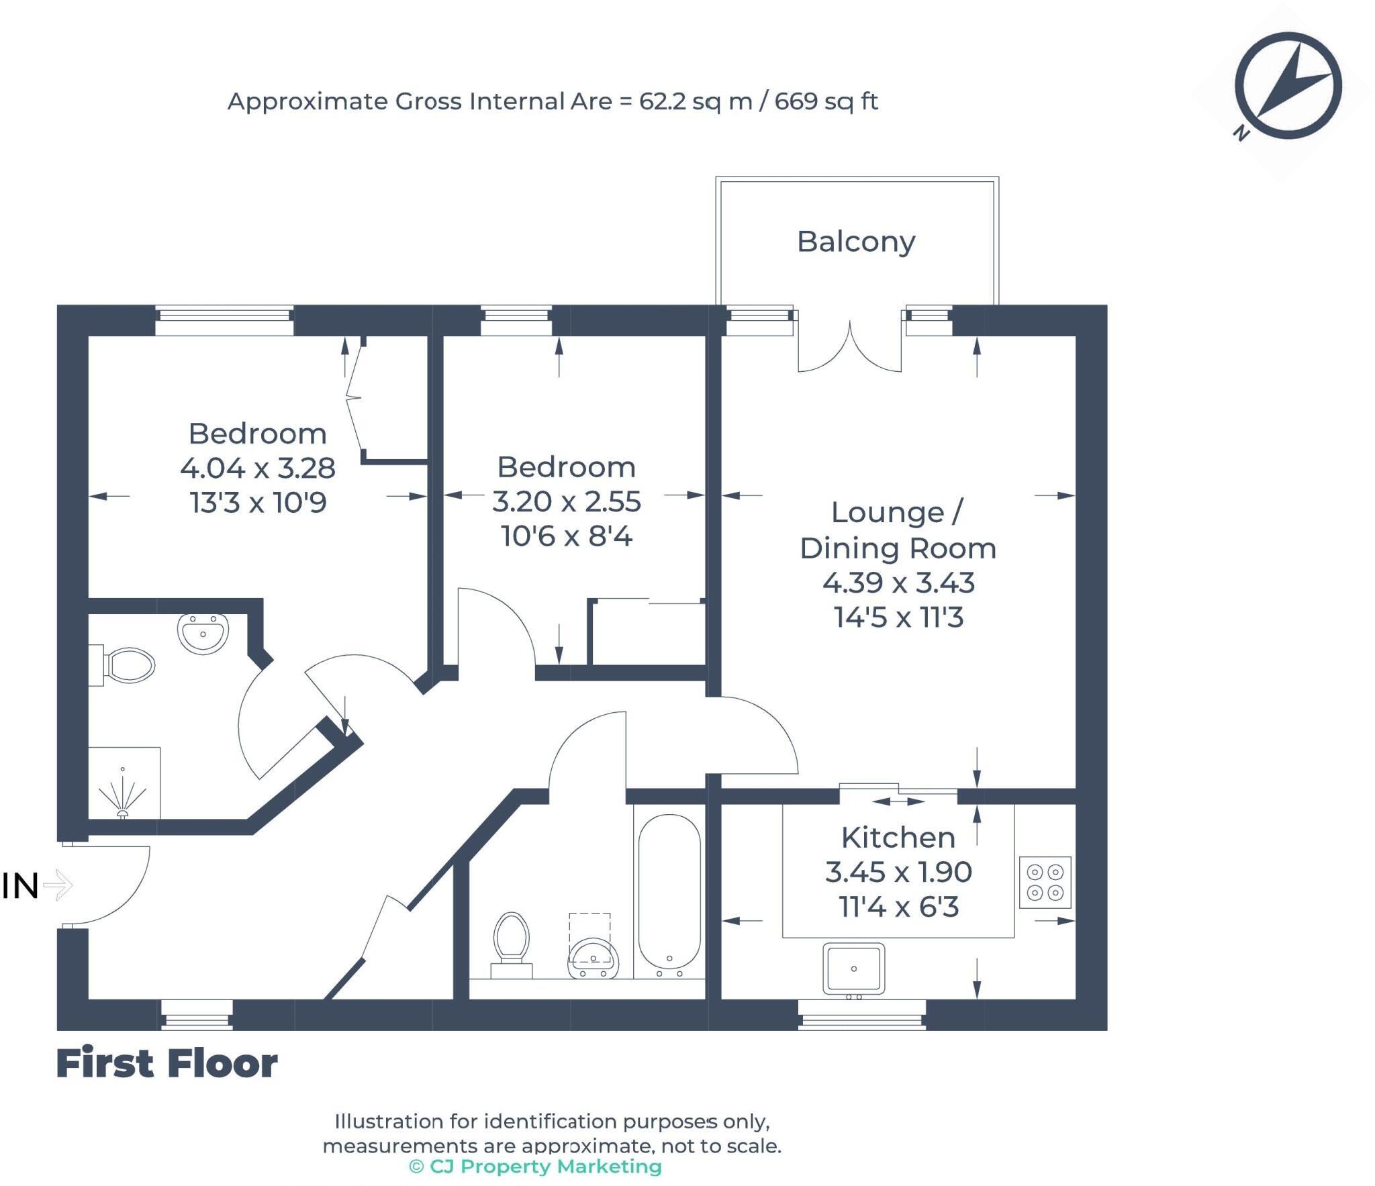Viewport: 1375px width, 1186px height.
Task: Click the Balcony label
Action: (x=855, y=242)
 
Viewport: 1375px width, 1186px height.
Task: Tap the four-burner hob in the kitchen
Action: (x=1045, y=882)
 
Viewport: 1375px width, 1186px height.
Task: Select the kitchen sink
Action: (x=853, y=969)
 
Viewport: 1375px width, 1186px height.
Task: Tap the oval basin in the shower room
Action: (x=203, y=632)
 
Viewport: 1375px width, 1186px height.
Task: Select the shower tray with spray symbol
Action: (x=124, y=783)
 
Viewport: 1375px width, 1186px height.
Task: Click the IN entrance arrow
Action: (x=57, y=885)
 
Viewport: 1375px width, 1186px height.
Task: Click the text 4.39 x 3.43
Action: (x=898, y=582)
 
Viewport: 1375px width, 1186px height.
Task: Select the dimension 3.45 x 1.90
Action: (x=898, y=872)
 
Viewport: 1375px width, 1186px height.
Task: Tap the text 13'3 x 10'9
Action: (x=258, y=502)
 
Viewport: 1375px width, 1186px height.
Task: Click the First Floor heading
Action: (x=167, y=1063)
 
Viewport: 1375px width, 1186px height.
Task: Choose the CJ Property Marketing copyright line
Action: (x=535, y=1167)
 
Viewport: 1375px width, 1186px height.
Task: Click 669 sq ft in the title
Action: (x=826, y=101)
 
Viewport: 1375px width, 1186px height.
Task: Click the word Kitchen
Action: (x=898, y=837)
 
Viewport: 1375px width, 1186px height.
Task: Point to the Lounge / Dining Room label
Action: (x=898, y=530)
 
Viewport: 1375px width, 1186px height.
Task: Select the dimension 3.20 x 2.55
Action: (x=566, y=501)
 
